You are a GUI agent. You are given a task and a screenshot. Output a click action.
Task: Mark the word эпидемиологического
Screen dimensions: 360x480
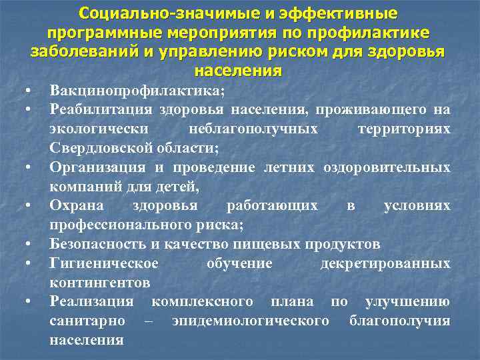251,321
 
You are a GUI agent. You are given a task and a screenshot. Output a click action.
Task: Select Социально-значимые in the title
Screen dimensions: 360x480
143,13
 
